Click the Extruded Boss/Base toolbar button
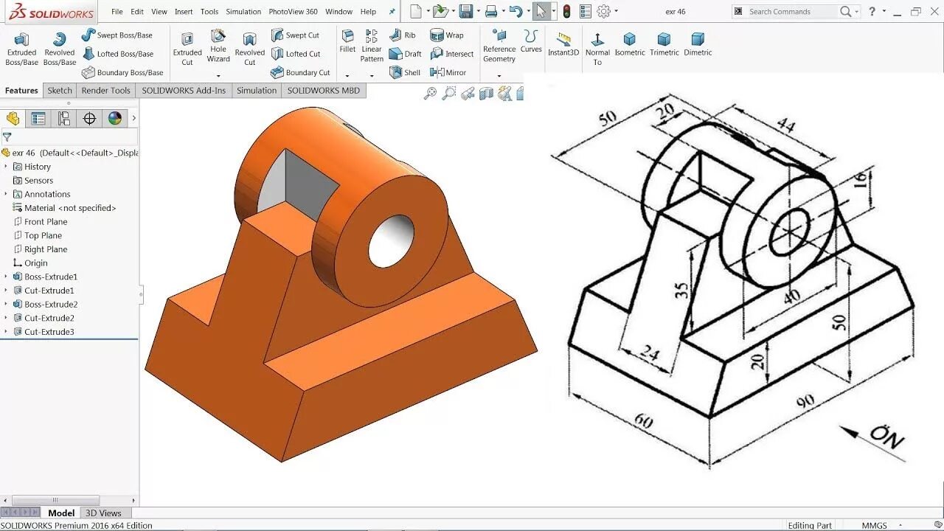point(21,48)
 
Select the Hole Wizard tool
point(218,46)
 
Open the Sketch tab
point(60,91)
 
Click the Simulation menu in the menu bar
point(243,12)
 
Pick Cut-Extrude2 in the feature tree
point(49,318)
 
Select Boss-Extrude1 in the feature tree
point(50,277)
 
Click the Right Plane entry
point(45,249)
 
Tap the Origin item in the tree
point(35,263)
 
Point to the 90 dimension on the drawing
point(805,402)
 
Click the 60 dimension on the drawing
point(643,420)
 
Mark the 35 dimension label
point(682,290)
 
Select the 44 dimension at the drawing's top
point(786,126)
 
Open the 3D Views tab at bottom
point(103,513)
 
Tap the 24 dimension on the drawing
point(649,354)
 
